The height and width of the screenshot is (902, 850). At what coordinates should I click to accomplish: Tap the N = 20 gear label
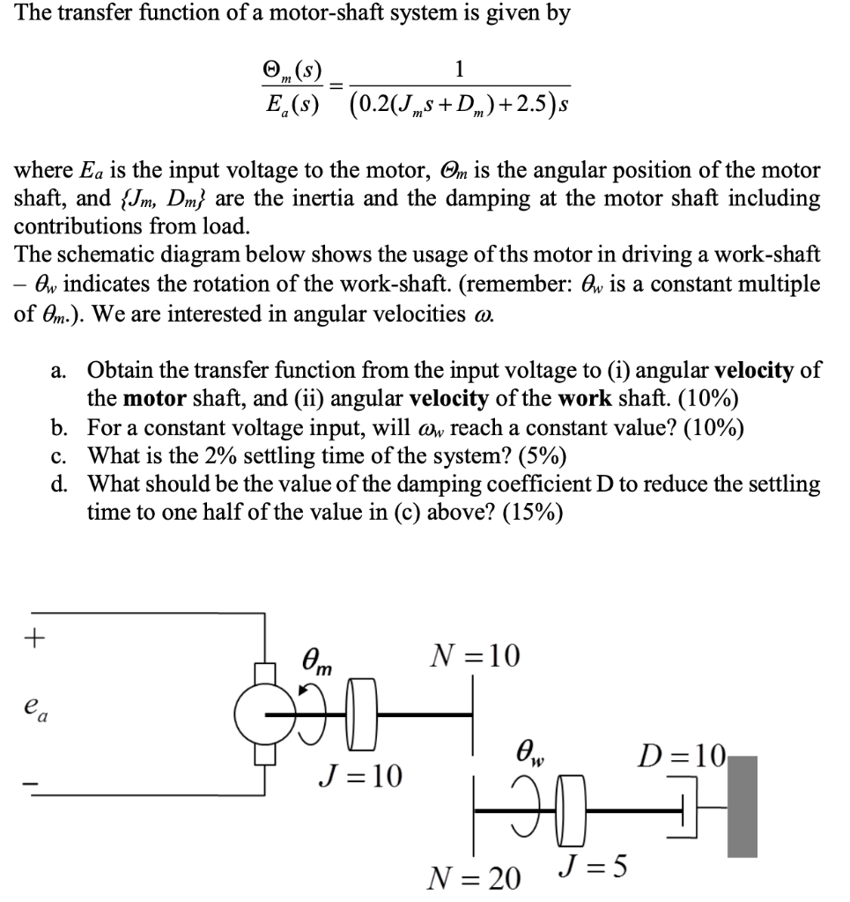(474, 877)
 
